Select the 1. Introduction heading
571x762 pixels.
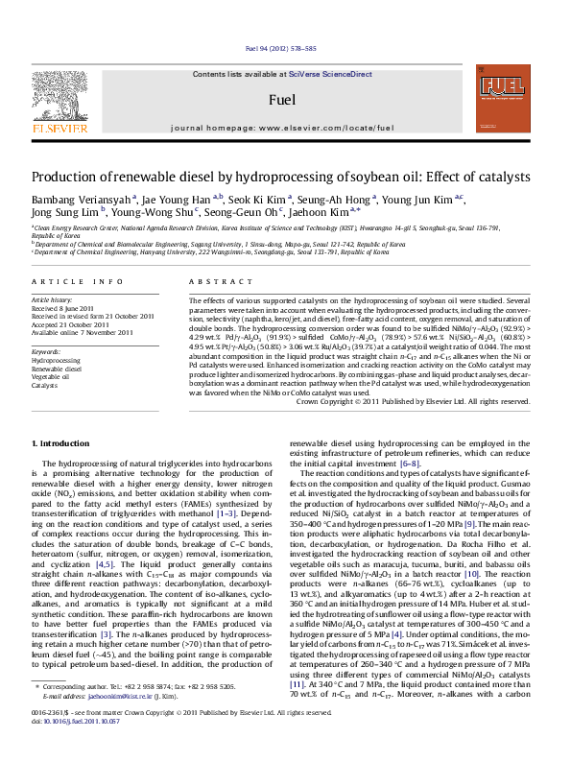(x=63, y=443)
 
